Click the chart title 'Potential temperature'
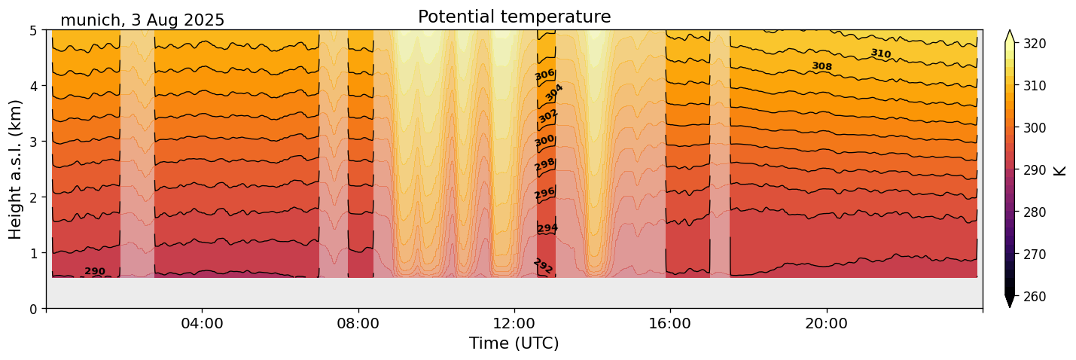tap(514, 17)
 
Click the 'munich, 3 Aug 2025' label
tap(142, 20)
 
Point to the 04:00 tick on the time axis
tap(203, 323)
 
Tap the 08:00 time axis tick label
tap(358, 323)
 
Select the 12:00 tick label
tap(514, 323)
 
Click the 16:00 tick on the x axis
tap(670, 323)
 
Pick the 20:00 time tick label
tap(827, 323)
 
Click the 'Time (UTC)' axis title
tap(514, 343)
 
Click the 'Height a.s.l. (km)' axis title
tap(16, 169)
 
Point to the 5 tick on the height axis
tap(35, 30)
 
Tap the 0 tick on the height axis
tap(35, 308)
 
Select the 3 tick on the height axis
tap(35, 142)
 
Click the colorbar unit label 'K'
tap(1060, 170)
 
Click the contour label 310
tap(880, 53)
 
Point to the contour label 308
tap(821, 66)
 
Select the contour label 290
tap(95, 271)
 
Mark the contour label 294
tap(547, 228)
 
